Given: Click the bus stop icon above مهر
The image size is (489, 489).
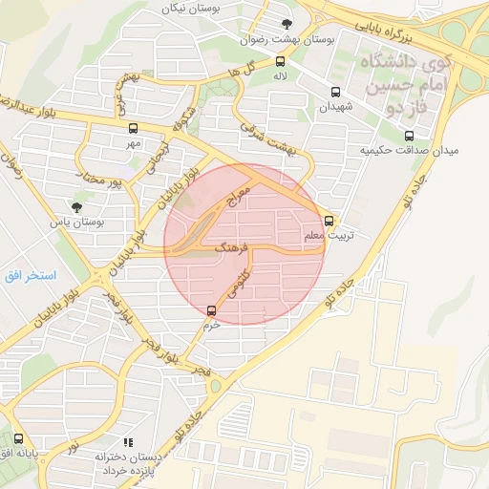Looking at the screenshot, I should click(132, 128).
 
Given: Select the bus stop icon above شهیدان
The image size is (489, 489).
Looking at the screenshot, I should click(334, 93).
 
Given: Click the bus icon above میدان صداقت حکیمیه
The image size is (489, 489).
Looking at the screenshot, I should click(410, 136).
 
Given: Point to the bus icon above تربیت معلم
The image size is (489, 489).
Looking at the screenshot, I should click(330, 220).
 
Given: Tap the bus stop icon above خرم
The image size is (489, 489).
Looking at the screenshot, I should click(211, 309).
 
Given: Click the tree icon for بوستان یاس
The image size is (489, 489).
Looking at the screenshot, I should click(76, 206).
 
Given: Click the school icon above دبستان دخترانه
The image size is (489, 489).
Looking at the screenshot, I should click(126, 441).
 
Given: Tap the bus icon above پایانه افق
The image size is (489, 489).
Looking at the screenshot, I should click(18, 438).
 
